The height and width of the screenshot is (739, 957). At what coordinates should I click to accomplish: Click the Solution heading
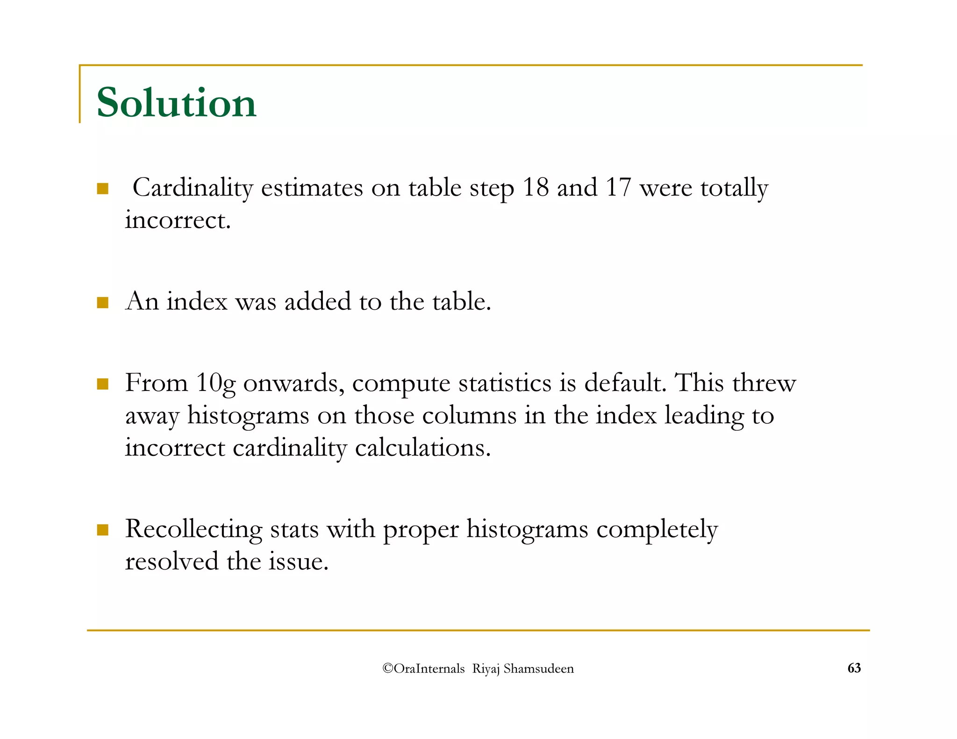pyautogui.click(x=176, y=103)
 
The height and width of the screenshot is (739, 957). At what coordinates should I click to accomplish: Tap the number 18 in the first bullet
pyautogui.click(x=536, y=188)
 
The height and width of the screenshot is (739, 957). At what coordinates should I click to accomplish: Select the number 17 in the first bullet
pyautogui.click(x=618, y=188)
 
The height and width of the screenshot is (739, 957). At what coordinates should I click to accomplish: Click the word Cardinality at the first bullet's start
pyautogui.click(x=193, y=189)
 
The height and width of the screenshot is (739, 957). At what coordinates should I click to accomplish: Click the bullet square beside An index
pyautogui.click(x=103, y=303)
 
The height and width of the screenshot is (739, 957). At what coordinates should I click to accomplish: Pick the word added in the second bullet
pyautogui.click(x=317, y=301)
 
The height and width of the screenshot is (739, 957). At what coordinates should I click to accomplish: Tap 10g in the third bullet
pyautogui.click(x=215, y=384)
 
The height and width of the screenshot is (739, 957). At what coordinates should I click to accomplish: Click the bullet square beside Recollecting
pyautogui.click(x=103, y=530)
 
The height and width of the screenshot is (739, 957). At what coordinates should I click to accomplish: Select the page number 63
pyautogui.click(x=854, y=668)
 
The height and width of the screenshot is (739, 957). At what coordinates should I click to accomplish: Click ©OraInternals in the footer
pyautogui.click(x=423, y=668)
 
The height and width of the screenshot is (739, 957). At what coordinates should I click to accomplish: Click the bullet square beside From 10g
pyautogui.click(x=103, y=384)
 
